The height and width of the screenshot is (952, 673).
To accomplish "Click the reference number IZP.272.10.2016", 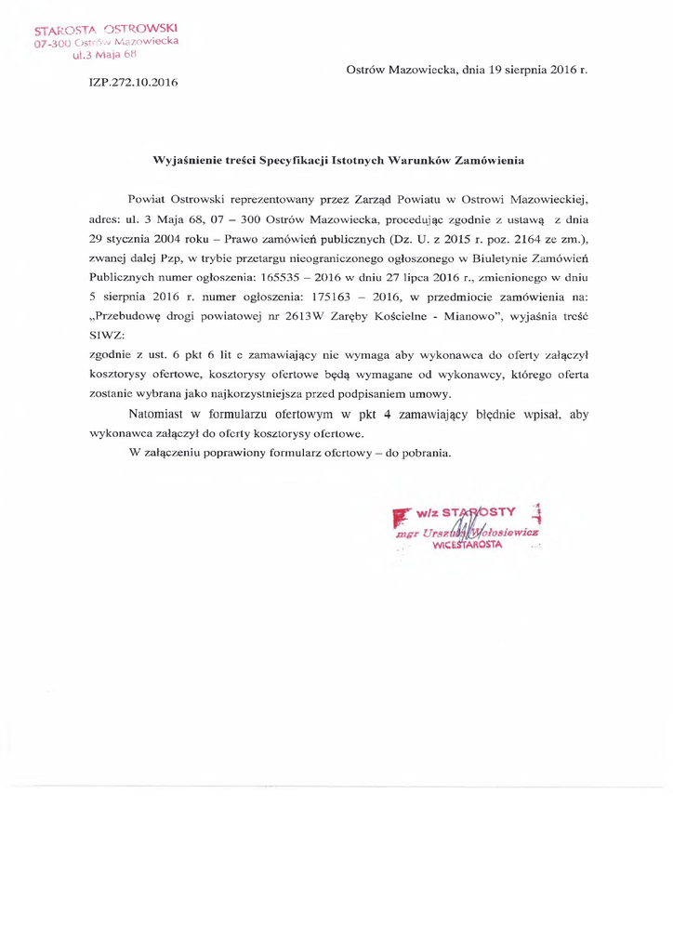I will point(132,83).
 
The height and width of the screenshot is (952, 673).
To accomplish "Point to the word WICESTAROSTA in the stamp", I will point(468,546).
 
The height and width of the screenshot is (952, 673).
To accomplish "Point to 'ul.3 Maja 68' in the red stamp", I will point(104,55).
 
